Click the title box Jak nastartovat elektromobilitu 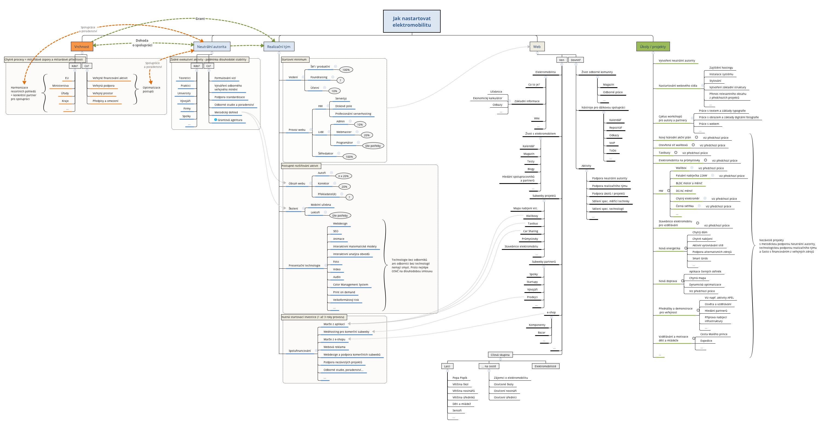pyautogui.click(x=411, y=22)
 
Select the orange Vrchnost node pyautogui.click(x=82, y=47)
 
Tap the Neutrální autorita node pyautogui.click(x=211, y=47)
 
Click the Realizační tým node pyautogui.click(x=279, y=47)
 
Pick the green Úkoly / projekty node pyautogui.click(x=652, y=47)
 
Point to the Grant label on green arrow pyautogui.click(x=200, y=19)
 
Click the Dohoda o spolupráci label pyautogui.click(x=142, y=43)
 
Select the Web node pyautogui.click(x=537, y=47)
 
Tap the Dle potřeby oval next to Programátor pyautogui.click(x=373, y=146)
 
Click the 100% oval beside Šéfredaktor pyautogui.click(x=349, y=157)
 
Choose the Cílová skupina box pyautogui.click(x=500, y=355)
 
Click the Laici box pyautogui.click(x=447, y=366)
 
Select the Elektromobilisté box pyautogui.click(x=545, y=366)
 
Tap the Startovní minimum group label pyautogui.click(x=294, y=59)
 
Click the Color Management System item pyautogui.click(x=350, y=284)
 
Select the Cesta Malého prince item pyautogui.click(x=714, y=334)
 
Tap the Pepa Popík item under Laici pyautogui.click(x=460, y=378)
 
